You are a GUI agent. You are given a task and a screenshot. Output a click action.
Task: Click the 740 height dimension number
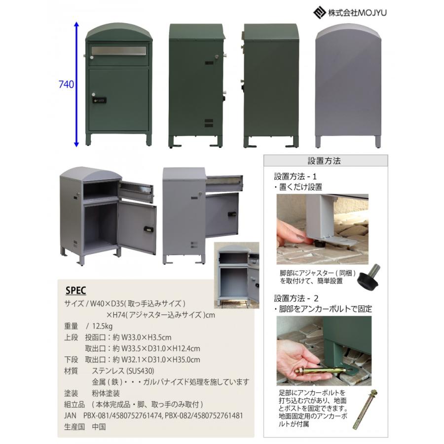(x=66, y=85)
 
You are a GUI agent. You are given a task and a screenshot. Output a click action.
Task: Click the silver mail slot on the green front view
(x=118, y=51)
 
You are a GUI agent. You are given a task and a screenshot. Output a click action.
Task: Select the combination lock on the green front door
(x=98, y=100)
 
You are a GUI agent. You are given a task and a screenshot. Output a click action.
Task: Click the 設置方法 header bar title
(x=324, y=161)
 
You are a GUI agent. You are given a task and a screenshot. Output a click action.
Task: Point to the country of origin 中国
(x=99, y=427)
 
